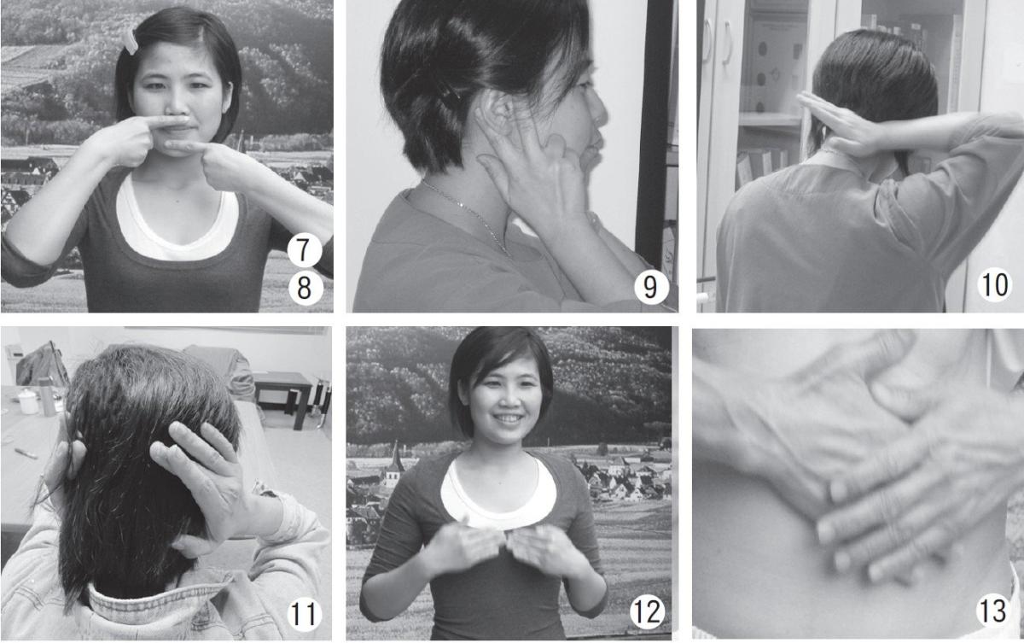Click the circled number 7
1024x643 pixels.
[305, 250]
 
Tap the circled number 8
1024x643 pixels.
[305, 288]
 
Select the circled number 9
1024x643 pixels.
[650, 287]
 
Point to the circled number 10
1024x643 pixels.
[995, 284]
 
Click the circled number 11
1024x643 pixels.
[304, 614]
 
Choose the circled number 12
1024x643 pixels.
[648, 611]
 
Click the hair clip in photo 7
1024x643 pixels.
[131, 41]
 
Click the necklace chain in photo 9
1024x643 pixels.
[466, 215]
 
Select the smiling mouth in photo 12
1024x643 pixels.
[508, 419]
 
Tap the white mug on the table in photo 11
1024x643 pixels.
[29, 401]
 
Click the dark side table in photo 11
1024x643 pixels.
[283, 399]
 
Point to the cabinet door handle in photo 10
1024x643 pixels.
[727, 44]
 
